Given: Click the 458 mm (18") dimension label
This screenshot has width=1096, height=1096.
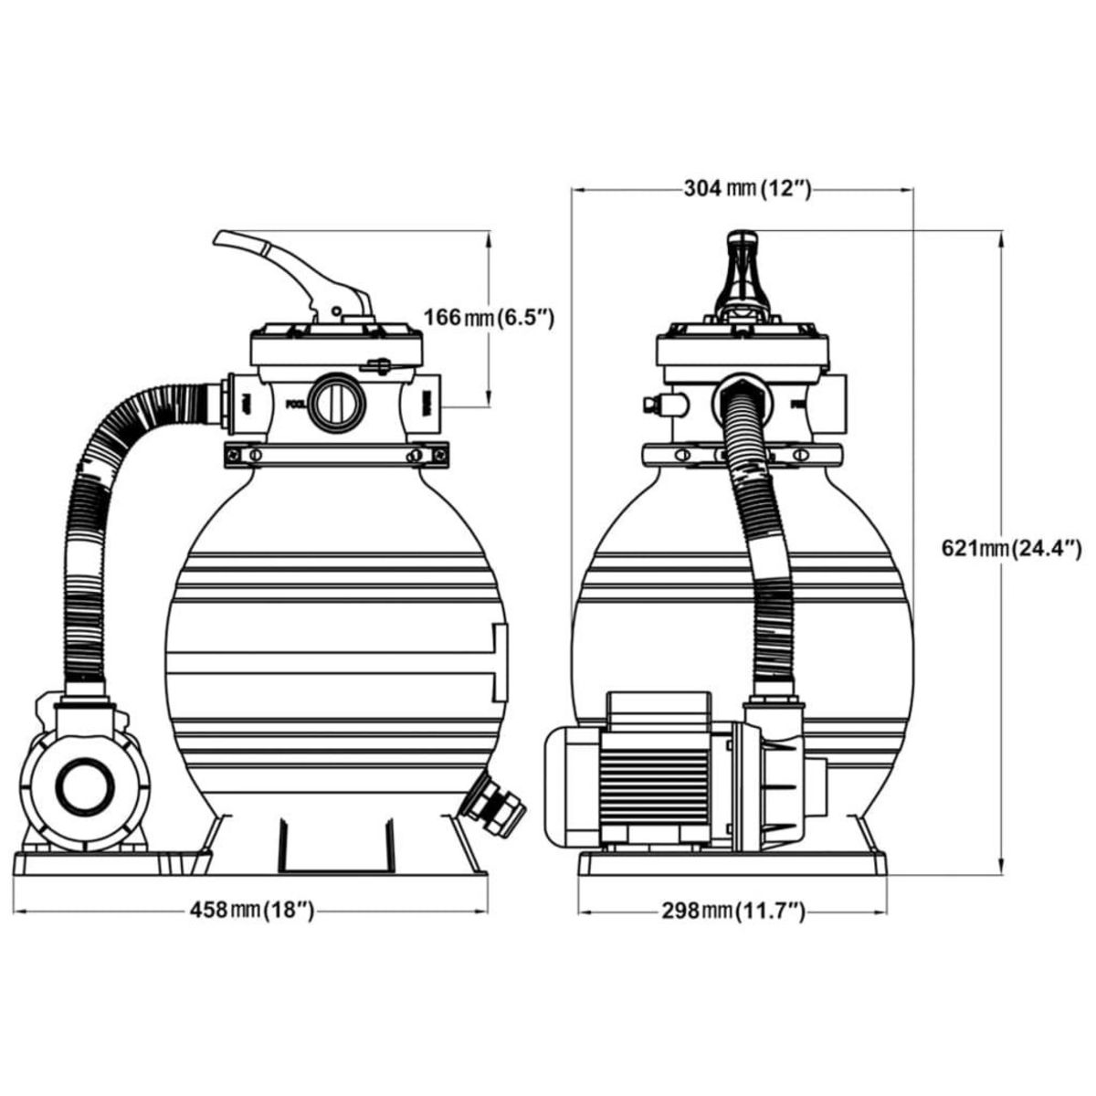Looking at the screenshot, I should click(251, 911).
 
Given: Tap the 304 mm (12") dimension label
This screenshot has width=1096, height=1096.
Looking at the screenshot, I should click(746, 189).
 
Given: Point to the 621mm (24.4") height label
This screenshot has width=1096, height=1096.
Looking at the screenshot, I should click(1011, 548).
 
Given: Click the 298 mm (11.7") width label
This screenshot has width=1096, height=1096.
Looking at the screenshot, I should click(734, 911).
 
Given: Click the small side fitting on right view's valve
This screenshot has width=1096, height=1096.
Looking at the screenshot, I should click(659, 403).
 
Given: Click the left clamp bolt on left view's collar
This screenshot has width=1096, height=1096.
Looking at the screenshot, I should click(255, 454).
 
